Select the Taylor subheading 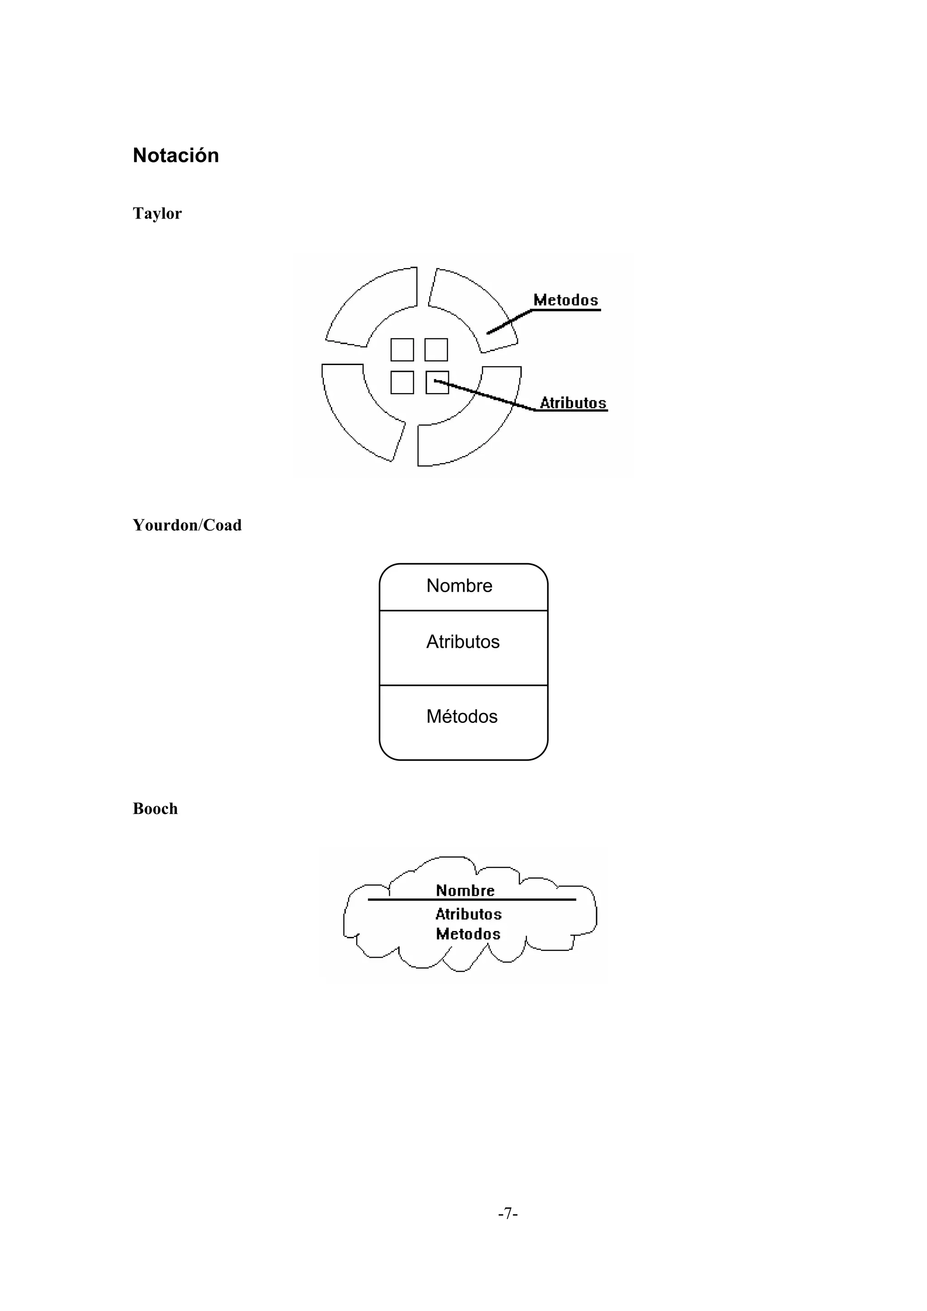157,214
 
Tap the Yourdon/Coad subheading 187,525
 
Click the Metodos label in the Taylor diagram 565,300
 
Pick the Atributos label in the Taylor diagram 573,403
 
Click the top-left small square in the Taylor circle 402,349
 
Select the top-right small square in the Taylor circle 436,349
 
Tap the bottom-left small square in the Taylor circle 402,383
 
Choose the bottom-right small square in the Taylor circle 438,383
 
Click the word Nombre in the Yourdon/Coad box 459,586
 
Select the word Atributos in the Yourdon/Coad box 463,642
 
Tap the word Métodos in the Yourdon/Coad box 462,717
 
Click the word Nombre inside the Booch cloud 465,891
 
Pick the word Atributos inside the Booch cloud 468,914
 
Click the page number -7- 508,1213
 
